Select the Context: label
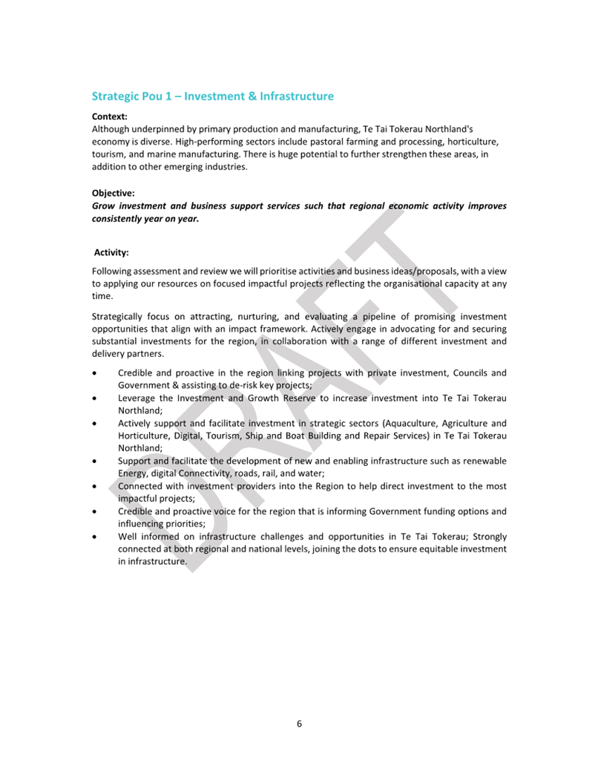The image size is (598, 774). pyautogui.click(x=110, y=117)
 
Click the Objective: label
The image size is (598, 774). pyautogui.click(x=114, y=193)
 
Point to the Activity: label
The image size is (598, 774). pyautogui.click(x=111, y=252)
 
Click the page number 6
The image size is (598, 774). pyautogui.click(x=299, y=724)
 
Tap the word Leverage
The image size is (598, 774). pyautogui.click(x=139, y=398)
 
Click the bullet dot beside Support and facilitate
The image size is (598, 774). pyautogui.click(x=94, y=461)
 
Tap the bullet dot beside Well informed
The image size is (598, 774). pyautogui.click(x=94, y=537)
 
